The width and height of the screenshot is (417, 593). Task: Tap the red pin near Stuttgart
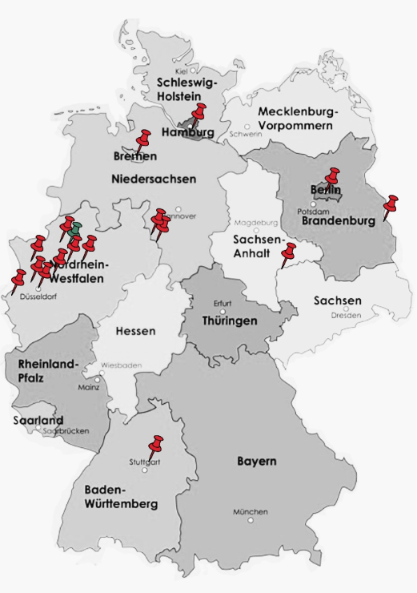point(156,444)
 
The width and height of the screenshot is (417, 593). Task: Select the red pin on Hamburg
point(199,113)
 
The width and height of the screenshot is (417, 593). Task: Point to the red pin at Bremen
point(143,139)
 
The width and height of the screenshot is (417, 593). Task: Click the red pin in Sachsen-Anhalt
point(289,252)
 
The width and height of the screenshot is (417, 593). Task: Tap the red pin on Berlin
point(333,175)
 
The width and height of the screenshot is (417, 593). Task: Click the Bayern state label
point(257,462)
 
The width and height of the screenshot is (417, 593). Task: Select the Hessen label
point(135,331)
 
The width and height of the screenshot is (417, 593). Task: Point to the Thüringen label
point(230,321)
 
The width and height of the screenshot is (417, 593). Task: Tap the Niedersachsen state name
point(154,178)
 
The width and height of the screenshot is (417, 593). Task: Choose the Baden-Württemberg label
point(121,497)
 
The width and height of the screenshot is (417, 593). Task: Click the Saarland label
point(38,420)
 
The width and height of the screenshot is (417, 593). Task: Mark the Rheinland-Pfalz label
point(48,370)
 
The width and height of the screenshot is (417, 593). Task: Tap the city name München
point(251,512)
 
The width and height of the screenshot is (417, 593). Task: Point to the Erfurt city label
point(223,303)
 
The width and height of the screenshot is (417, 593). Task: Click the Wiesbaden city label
point(122,365)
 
